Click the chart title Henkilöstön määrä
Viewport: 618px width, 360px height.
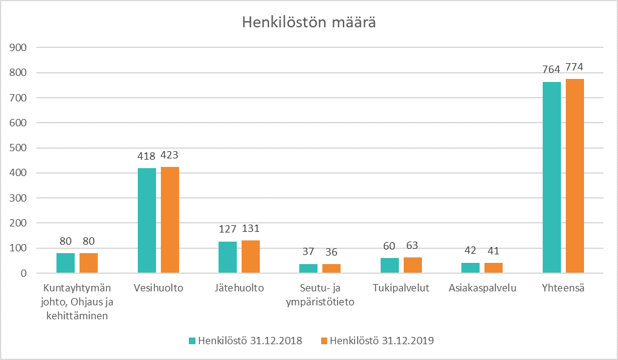tap(308, 22)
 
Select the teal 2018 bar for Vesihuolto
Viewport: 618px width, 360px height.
tap(147, 220)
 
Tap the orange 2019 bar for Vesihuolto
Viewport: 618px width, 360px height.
tap(170, 220)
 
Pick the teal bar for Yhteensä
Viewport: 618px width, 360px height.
tap(552, 177)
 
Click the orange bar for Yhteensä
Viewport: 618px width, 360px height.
tap(575, 176)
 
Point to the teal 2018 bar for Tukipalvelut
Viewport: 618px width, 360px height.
tap(390, 265)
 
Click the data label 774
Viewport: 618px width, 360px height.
tap(575, 67)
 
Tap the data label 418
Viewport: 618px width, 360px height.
tap(147, 157)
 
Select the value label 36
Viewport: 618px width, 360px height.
tap(331, 252)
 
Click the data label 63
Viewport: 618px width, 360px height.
tap(412, 246)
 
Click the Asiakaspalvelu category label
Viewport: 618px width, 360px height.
tap(482, 288)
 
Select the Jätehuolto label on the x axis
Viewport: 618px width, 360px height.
tap(239, 288)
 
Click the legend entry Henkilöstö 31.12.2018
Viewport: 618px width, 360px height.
tap(245, 341)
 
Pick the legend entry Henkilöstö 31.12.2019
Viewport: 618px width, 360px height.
tap(377, 341)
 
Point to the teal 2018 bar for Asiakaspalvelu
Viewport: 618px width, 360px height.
tap(470, 268)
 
